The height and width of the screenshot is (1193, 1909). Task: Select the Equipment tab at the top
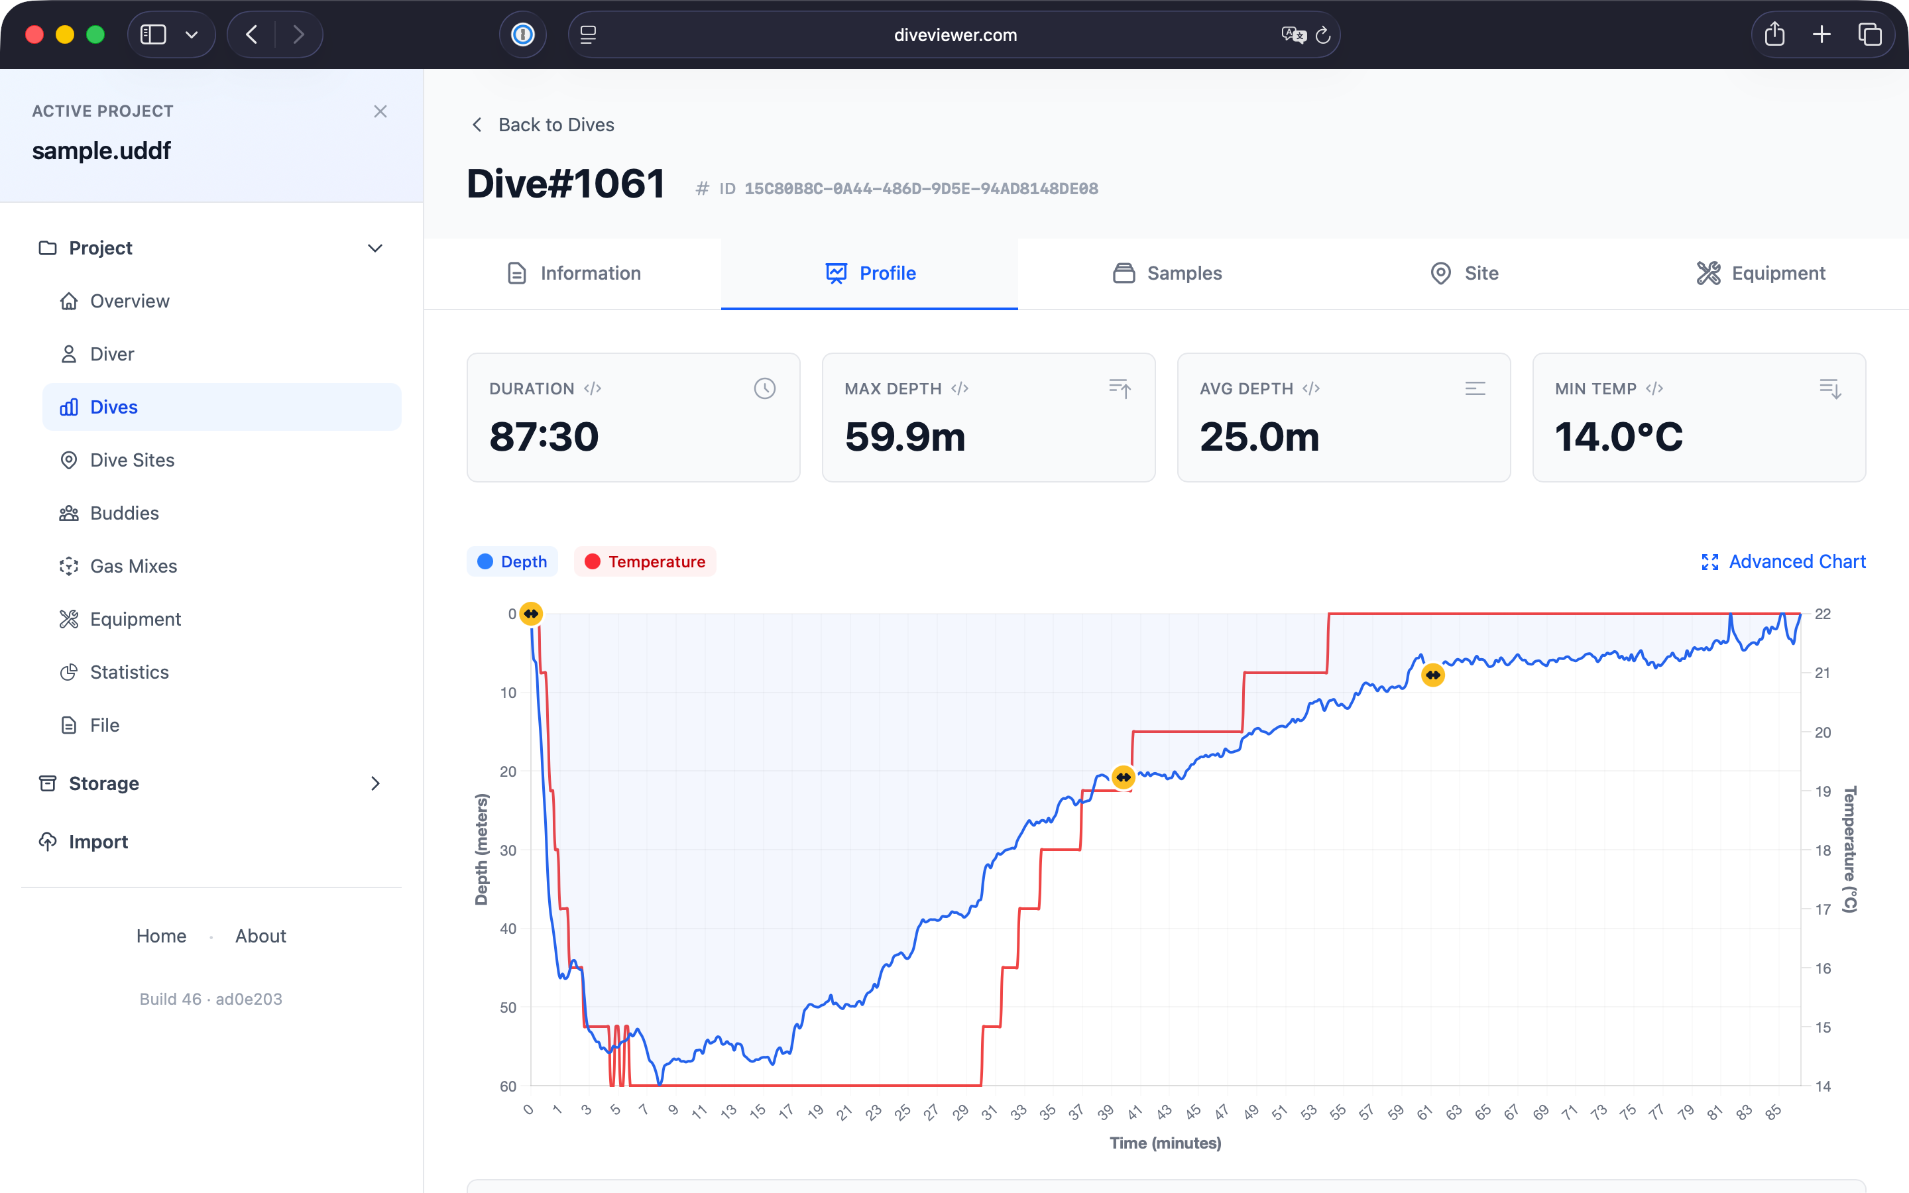(1761, 273)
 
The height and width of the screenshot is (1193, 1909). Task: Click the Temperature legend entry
(645, 562)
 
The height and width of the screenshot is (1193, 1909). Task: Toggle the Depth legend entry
(513, 562)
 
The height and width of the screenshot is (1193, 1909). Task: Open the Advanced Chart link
(1784, 562)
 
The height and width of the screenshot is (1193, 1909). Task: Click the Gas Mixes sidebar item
(133, 566)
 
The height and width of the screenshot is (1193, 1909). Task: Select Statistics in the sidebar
(129, 672)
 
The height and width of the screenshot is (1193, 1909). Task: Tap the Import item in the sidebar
(98, 842)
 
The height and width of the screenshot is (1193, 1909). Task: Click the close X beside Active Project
(380, 111)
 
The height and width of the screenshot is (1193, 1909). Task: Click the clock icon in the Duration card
(764, 388)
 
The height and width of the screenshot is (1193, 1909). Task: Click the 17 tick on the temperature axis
(1822, 909)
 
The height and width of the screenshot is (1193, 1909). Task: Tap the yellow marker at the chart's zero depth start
(532, 614)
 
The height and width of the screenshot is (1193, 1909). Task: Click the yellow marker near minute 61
(1432, 675)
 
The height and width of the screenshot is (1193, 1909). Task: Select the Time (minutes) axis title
(1165, 1143)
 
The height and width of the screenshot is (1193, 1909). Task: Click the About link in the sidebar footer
(260, 936)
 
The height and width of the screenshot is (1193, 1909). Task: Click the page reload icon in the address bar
(1324, 34)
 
